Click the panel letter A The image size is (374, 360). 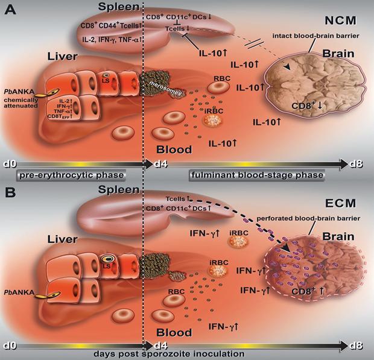pyautogui.click(x=10, y=10)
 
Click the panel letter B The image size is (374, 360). pyautogui.click(x=10, y=194)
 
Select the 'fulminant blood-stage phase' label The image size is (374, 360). pyautogui.click(x=249, y=175)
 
